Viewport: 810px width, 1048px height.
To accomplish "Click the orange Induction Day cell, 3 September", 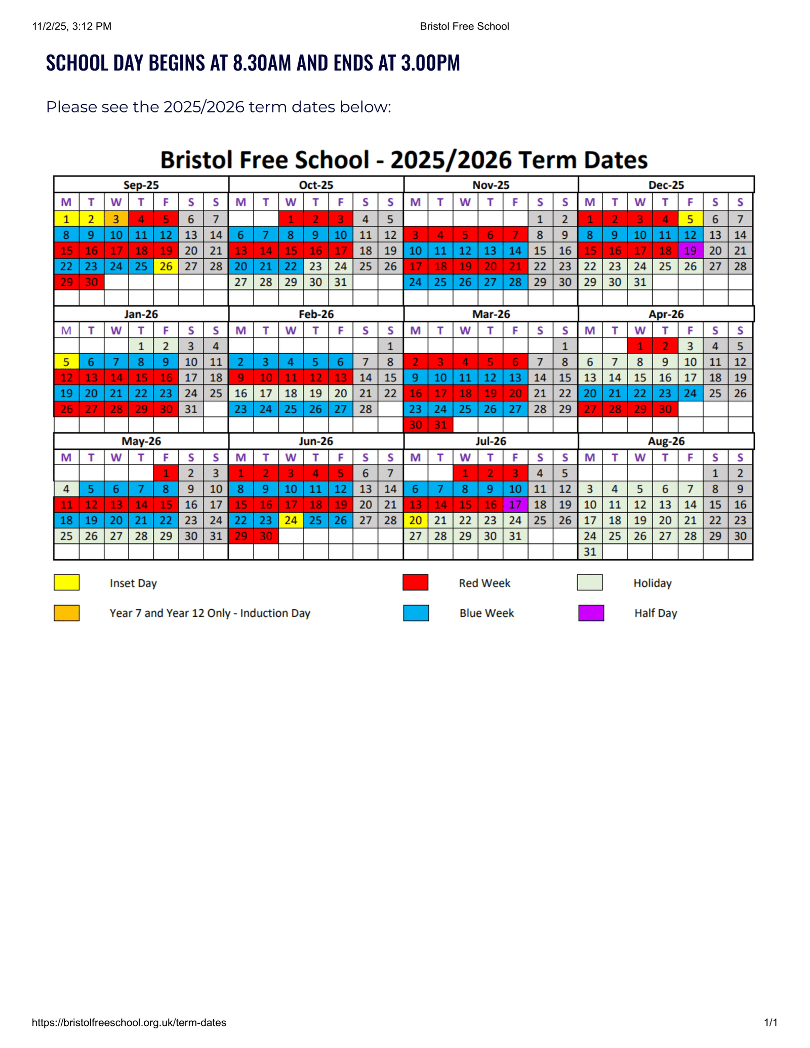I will [x=116, y=219].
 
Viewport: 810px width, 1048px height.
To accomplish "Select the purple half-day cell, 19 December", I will [x=690, y=250].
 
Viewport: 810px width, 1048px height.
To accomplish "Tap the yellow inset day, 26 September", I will [x=166, y=266].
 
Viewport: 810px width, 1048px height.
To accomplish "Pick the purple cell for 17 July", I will [x=515, y=505].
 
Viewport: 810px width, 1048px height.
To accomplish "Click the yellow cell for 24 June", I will [x=291, y=520].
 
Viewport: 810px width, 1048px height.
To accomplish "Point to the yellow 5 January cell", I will [x=66, y=362].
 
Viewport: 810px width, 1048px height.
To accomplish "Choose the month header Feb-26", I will [x=316, y=314].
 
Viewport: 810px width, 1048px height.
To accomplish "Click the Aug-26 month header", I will [x=666, y=441].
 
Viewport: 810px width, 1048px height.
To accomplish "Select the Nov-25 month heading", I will [x=491, y=185].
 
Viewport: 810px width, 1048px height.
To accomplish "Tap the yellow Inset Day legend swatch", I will [x=67, y=582].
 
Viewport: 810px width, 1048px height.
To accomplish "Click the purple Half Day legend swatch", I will [x=591, y=613].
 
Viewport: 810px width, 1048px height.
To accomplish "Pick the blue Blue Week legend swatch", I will [x=416, y=613].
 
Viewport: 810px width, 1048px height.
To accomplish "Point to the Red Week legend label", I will [x=484, y=583].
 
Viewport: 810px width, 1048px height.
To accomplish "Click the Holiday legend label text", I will [x=652, y=583].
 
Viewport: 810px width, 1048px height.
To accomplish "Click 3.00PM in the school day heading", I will [x=430, y=63].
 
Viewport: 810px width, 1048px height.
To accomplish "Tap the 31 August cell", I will [x=590, y=552].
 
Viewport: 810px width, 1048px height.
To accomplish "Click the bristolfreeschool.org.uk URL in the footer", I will [x=129, y=1023].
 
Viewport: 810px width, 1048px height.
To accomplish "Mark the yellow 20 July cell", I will [x=415, y=520].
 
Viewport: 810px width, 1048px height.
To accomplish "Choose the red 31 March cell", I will [x=440, y=425].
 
